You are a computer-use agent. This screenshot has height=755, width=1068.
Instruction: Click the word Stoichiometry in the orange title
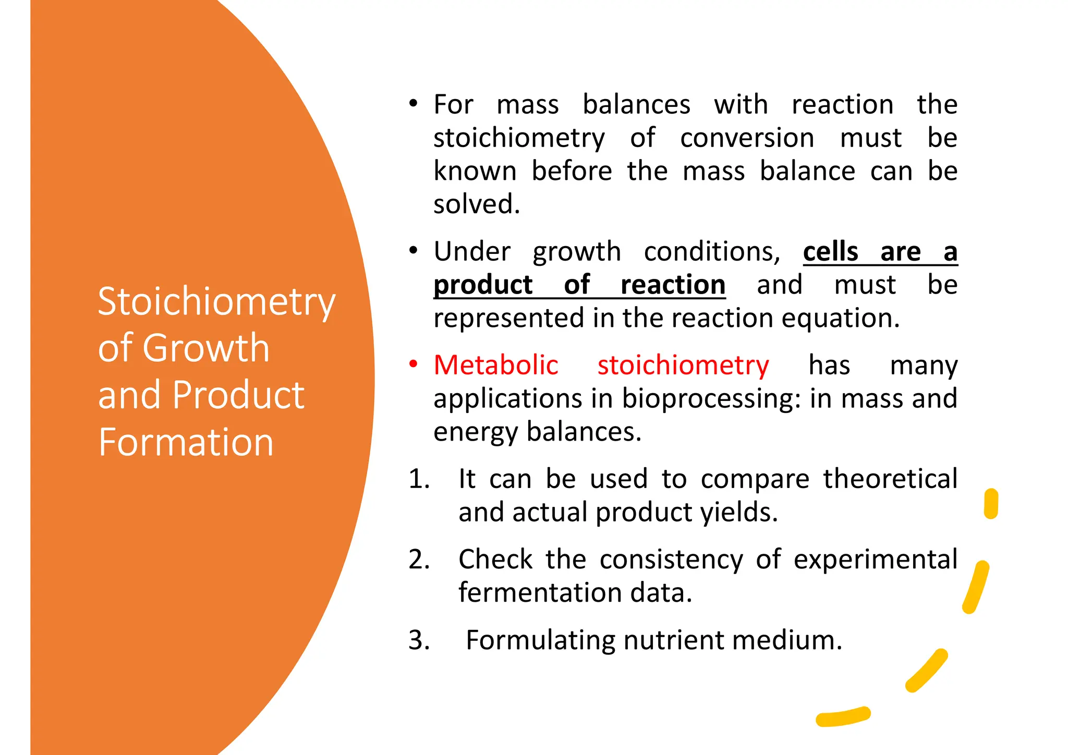[216, 302]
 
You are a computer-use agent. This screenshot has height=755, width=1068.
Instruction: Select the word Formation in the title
[186, 442]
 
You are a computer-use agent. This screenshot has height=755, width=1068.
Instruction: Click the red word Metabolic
[496, 365]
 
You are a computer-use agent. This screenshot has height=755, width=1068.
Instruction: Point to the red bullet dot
[413, 363]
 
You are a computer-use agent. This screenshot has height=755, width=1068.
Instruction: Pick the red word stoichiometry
[683, 365]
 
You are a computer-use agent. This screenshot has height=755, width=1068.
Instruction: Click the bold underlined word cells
[830, 252]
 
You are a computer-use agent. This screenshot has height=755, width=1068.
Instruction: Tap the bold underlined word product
[483, 285]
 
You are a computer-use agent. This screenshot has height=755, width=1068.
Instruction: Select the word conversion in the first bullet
[747, 138]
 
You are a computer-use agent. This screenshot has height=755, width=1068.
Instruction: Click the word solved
[477, 204]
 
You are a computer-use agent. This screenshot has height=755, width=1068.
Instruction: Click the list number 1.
[419, 479]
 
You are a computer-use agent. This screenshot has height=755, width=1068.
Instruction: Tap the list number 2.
[419, 559]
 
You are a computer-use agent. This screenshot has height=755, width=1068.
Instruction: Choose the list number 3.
[419, 640]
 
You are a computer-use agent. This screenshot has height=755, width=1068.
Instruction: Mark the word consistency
[671, 559]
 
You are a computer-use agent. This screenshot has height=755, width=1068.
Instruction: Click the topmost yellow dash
[991, 504]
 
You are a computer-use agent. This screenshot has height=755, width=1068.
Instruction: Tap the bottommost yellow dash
[843, 717]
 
